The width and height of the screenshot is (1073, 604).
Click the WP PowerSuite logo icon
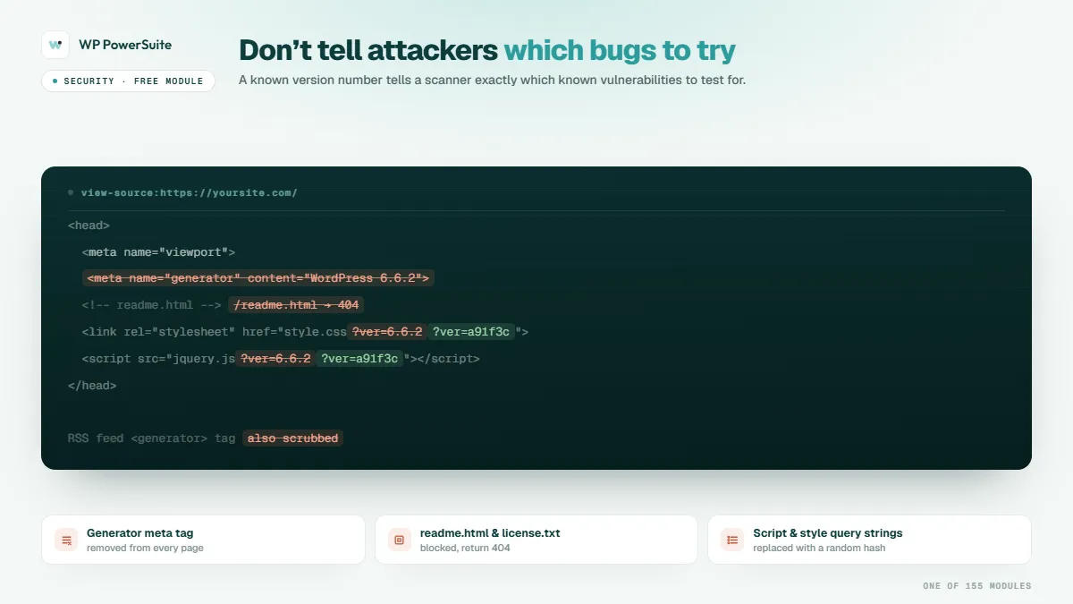pyautogui.click(x=55, y=45)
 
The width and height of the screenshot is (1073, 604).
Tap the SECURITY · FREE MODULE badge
pyautogui.click(x=128, y=81)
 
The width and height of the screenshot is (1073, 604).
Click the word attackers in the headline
pyautogui.click(x=432, y=50)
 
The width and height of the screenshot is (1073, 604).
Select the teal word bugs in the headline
pyautogui.click(x=622, y=51)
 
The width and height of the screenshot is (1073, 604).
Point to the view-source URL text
pyautogui.click(x=189, y=192)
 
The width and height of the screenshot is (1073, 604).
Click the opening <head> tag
pyautogui.click(x=89, y=225)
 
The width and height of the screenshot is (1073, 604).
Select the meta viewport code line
pyautogui.click(x=158, y=252)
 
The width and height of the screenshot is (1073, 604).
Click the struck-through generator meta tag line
pyautogui.click(x=258, y=278)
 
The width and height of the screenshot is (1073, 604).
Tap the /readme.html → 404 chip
pyautogui.click(x=296, y=305)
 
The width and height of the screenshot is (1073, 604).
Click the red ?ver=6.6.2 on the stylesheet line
pyautogui.click(x=387, y=332)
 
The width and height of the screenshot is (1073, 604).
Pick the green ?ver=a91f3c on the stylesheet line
pyautogui.click(x=471, y=332)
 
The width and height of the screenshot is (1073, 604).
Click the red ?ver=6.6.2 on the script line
pyautogui.click(x=275, y=359)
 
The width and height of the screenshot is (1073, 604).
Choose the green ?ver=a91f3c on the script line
pyautogui.click(x=359, y=359)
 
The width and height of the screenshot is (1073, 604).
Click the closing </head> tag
pyautogui.click(x=92, y=386)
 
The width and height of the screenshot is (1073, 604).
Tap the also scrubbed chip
pyautogui.click(x=292, y=438)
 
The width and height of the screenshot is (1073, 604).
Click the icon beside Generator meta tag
pyautogui.click(x=66, y=540)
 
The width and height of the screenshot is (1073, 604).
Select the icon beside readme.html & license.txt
pyautogui.click(x=399, y=540)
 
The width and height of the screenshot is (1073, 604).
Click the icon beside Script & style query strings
pyautogui.click(x=732, y=540)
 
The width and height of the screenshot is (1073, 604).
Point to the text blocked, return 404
pyautogui.click(x=465, y=548)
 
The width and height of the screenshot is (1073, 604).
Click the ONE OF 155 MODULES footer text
pyautogui.click(x=976, y=586)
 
